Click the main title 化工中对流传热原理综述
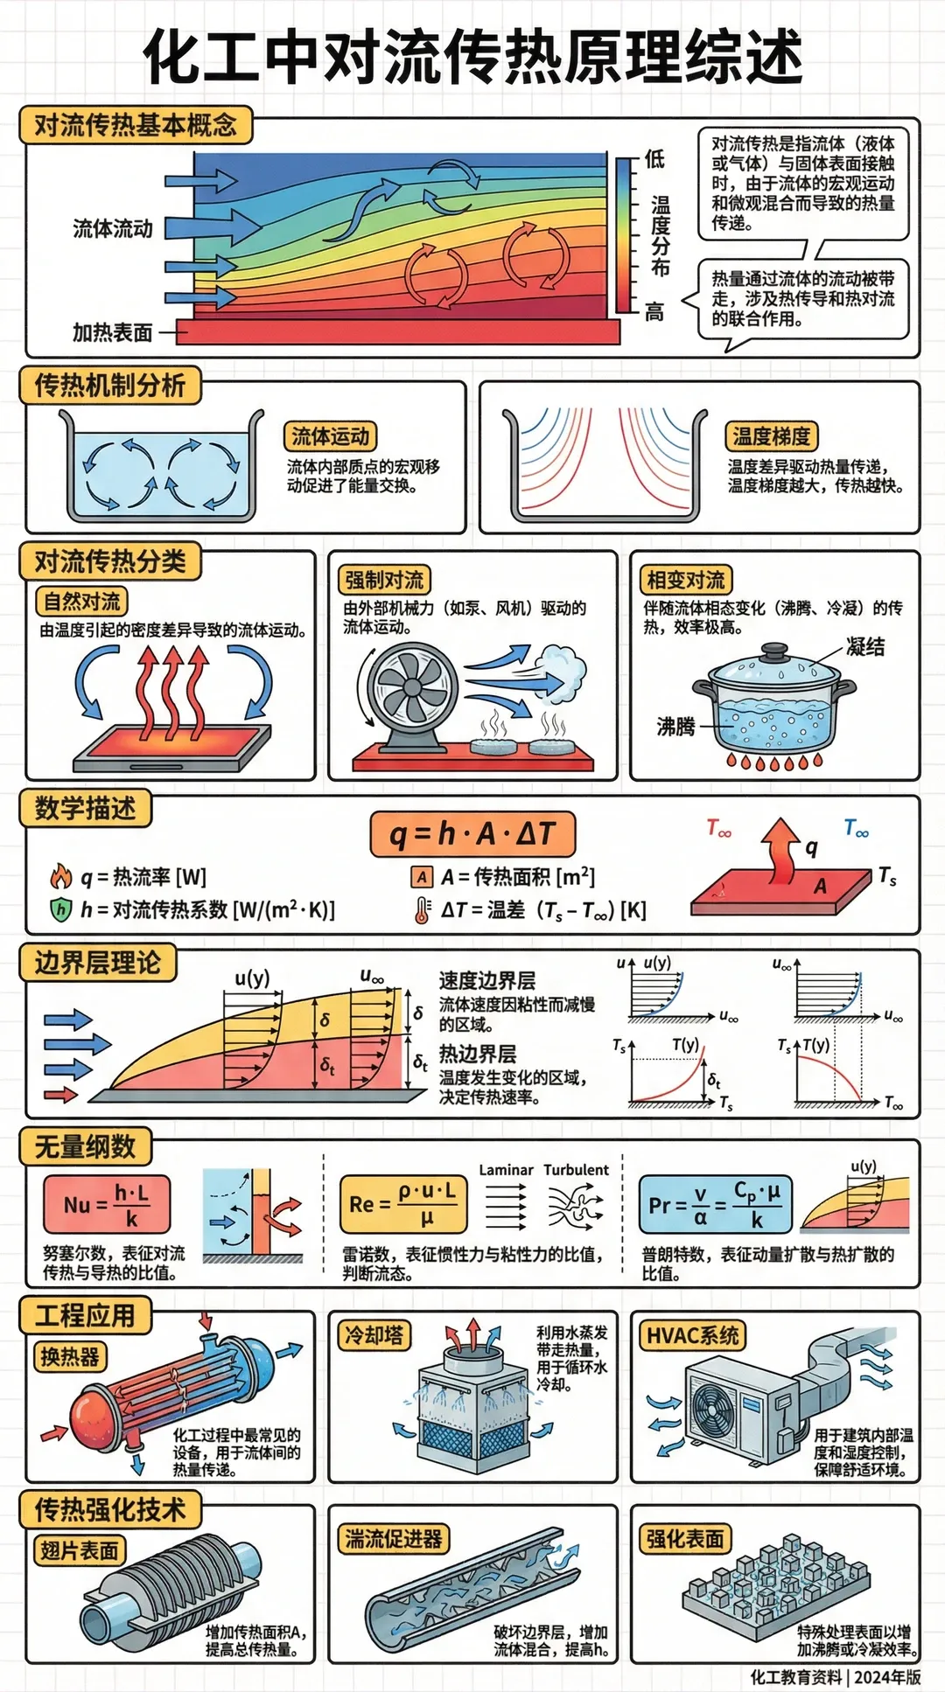tap(472, 57)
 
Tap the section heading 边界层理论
tap(97, 963)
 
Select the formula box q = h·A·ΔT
tap(472, 834)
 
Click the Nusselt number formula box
tap(106, 1204)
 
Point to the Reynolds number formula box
tap(403, 1204)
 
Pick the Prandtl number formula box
tap(716, 1204)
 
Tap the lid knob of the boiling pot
tap(774, 651)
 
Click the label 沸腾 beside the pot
tap(675, 726)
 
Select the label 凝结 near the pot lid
tap(864, 646)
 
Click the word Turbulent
tap(576, 1170)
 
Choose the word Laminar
tap(506, 1170)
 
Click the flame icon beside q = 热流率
tap(60, 876)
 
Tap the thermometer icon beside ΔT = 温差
tap(423, 910)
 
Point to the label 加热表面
tap(112, 333)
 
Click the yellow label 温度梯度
tap(771, 436)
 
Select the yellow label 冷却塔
tap(374, 1335)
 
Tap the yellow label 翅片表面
tap(79, 1550)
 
